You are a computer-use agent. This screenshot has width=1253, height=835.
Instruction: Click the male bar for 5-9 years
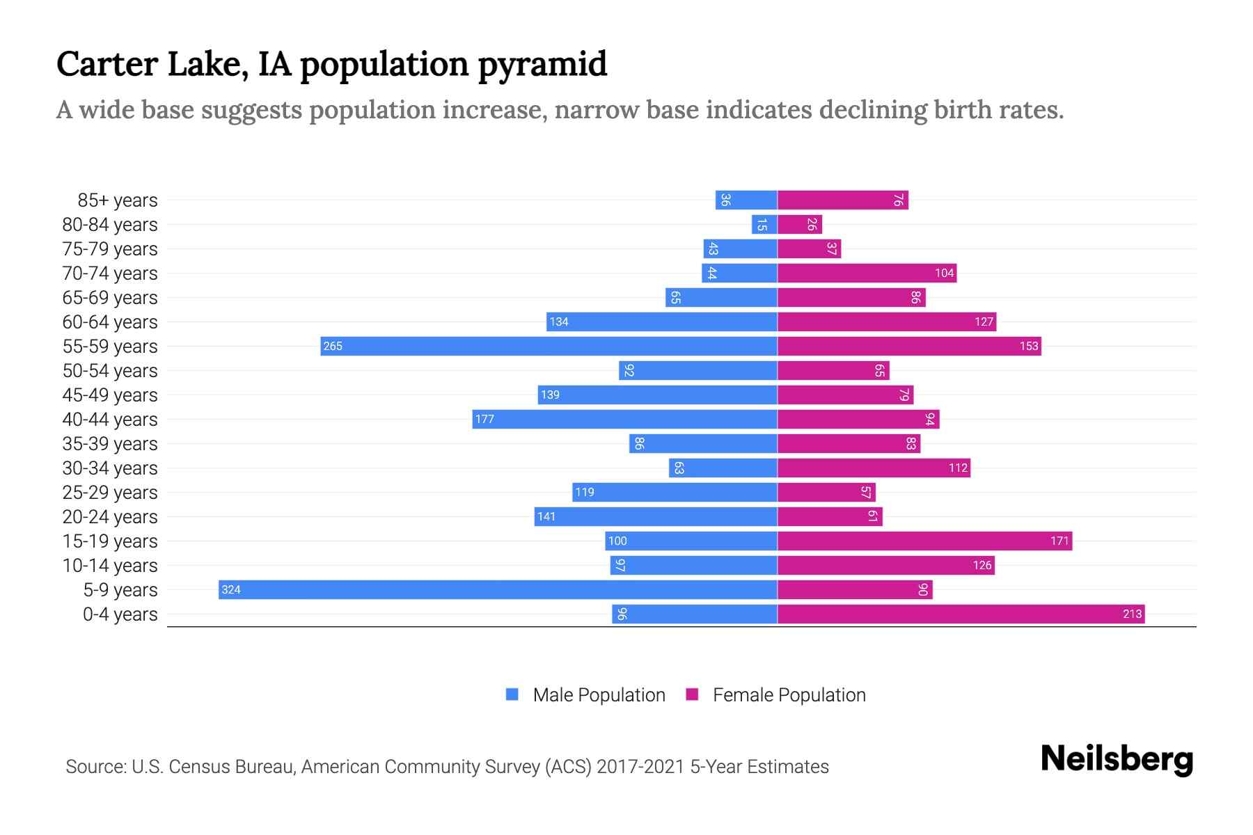pos(498,589)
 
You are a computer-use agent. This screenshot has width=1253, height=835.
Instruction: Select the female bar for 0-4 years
pos(961,614)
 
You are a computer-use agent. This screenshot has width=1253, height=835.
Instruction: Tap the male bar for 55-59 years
pos(549,346)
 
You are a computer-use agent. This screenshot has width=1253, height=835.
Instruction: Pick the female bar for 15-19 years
pos(924,541)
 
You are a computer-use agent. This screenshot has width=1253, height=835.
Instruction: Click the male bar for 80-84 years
pos(764,224)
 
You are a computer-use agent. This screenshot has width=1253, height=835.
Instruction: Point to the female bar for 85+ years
pos(843,200)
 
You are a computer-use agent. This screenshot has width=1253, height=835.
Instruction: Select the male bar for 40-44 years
pos(624,419)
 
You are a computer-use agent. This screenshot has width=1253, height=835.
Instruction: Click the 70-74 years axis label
pos(110,273)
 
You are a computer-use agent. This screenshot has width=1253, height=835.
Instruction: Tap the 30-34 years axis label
pos(110,468)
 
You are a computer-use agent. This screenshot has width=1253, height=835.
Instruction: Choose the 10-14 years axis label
pos(110,566)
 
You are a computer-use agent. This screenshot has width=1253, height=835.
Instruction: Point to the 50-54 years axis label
pos(110,371)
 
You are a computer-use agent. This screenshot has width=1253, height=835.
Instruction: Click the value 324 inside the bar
pos(231,590)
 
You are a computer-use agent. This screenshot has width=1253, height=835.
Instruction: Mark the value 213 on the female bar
pos(1132,614)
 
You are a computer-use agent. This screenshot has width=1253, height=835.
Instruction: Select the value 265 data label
pos(333,347)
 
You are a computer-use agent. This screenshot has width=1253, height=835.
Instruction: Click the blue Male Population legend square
pos(512,694)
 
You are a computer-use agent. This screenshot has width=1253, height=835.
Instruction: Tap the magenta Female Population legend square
pos(692,694)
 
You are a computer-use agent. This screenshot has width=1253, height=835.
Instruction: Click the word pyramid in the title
pos(542,65)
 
